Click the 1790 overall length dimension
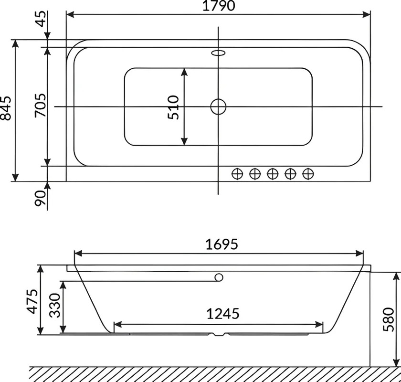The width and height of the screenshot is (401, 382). click(x=219, y=6)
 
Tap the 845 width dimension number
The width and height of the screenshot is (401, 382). click(x=6, y=108)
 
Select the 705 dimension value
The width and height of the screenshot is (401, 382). click(x=41, y=106)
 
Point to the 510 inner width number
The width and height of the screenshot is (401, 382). click(x=173, y=107)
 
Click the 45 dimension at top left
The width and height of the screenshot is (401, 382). click(x=41, y=19)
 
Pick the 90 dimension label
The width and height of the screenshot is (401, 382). click(x=41, y=198)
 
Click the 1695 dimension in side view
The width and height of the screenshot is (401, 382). click(x=222, y=244)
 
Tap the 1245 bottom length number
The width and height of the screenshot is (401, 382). click(x=223, y=313)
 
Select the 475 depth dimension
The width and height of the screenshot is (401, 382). click(x=33, y=301)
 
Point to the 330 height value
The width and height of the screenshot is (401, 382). click(x=54, y=306)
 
